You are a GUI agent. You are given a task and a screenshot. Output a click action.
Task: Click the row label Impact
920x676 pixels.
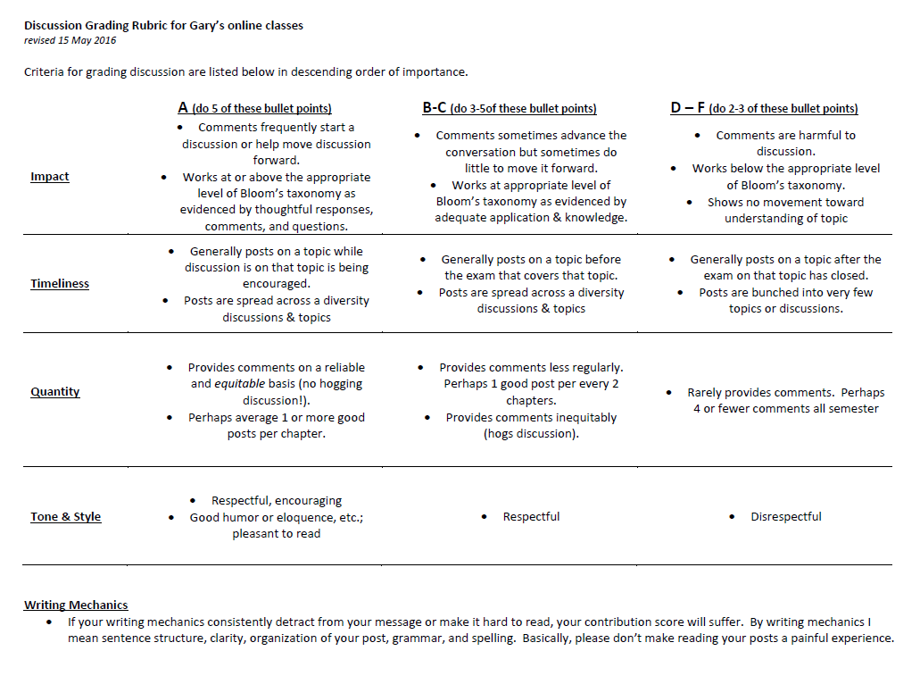50,177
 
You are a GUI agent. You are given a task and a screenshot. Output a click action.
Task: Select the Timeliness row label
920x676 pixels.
60,284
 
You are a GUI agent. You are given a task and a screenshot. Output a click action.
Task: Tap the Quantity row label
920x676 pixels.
55,392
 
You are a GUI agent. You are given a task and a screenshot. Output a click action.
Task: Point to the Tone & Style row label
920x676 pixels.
66,517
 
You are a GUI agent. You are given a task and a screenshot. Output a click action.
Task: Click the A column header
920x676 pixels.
183,108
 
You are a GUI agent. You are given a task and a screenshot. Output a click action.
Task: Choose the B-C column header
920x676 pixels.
435,108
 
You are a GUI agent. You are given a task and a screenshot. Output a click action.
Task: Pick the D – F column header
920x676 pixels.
688,108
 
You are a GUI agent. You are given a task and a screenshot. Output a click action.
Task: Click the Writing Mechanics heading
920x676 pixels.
76,605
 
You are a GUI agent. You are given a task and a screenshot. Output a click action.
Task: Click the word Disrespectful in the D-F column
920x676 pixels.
785,517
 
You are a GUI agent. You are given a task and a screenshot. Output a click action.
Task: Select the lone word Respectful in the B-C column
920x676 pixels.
531,517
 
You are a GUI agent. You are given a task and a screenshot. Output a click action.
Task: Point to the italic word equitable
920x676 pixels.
239,384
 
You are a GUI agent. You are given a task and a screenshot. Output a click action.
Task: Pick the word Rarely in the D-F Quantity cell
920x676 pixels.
706,393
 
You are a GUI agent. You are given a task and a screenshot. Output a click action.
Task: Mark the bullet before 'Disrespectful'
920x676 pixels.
732,517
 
